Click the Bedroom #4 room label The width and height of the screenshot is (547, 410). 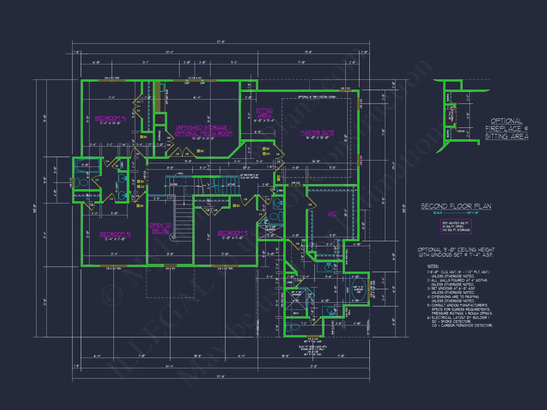click(110, 118)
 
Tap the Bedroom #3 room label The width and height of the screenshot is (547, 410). click(115, 234)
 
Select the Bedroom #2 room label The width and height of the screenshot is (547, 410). click(232, 233)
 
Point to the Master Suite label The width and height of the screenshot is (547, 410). click(317, 133)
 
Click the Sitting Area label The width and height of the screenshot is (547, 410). click(264, 113)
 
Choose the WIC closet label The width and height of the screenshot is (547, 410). click(332, 213)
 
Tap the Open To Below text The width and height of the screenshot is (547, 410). click(160, 228)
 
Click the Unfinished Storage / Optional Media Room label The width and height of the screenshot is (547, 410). click(203, 131)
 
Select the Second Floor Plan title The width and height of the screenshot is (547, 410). click(456, 206)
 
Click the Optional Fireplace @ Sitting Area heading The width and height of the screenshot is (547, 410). click(507, 129)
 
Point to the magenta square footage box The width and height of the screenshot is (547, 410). click(456, 227)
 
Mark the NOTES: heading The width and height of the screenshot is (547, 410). click(433, 266)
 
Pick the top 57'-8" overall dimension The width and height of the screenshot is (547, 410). click(221, 42)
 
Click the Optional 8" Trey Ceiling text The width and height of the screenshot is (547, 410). click(317, 97)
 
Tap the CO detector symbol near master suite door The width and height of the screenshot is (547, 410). click(264, 154)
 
